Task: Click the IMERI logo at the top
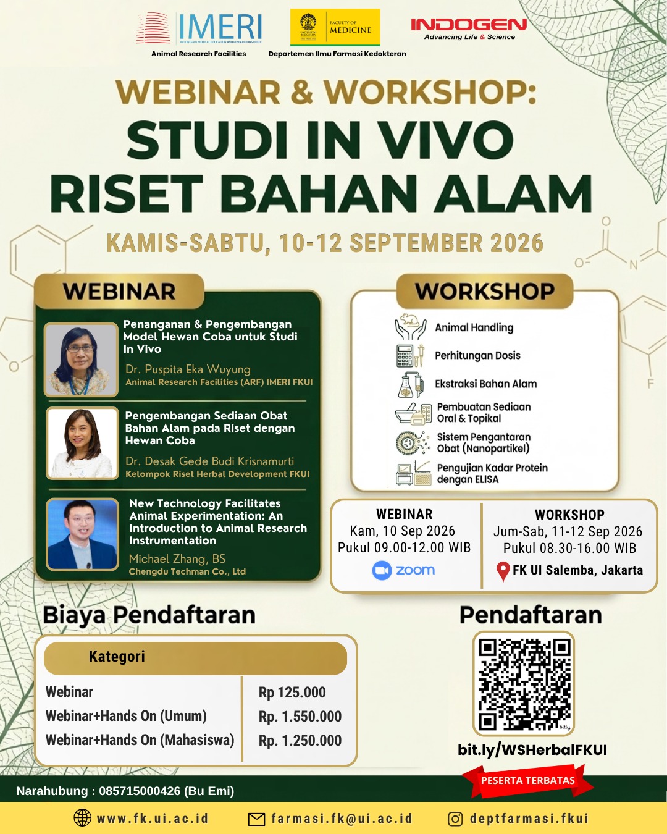coord(198,28)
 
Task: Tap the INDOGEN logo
coord(469,28)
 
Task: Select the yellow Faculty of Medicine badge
coord(335,27)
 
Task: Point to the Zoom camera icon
coord(382,570)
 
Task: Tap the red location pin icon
coord(503,571)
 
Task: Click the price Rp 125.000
coord(292,693)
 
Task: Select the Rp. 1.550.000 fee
coord(300,717)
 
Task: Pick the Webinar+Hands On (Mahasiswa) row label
coord(140,740)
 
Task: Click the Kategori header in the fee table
coord(117,657)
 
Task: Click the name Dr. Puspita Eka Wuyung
coord(188,369)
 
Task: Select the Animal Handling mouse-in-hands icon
coord(411,326)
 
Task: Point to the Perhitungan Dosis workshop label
coord(477,355)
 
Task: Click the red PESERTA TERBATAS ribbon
coord(527,780)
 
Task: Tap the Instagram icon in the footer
coord(455,819)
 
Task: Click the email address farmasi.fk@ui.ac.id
coord(342,819)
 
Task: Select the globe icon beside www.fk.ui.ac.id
coord(83,818)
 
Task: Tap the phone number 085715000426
coord(140,791)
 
